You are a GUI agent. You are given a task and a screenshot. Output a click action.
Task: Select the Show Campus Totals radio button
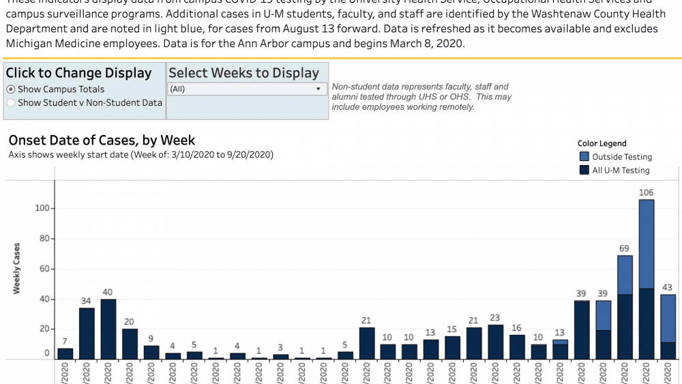tap(11, 89)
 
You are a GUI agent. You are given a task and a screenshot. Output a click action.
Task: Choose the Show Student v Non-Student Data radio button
tap(11, 103)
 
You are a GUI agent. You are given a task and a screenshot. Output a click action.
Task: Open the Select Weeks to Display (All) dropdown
tap(247, 89)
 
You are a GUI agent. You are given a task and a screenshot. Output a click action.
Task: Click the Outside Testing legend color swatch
tap(584, 157)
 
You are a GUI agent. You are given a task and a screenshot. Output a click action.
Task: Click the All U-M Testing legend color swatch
tap(584, 171)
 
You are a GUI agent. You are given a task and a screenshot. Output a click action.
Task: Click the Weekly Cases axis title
tap(17, 268)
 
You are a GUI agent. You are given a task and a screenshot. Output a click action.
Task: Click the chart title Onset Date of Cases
tap(102, 141)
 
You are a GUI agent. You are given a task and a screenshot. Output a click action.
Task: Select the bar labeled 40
tap(108, 329)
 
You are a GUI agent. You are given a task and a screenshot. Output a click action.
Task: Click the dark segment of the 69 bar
tap(625, 327)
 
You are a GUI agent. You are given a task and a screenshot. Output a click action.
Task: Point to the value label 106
tap(647, 193)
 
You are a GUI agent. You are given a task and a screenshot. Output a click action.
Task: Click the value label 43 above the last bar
tap(668, 288)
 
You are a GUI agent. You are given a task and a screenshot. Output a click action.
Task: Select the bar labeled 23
tap(495, 342)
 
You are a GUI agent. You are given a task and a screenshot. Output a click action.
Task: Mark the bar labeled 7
tap(65, 353)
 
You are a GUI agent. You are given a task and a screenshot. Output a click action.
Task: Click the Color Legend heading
tap(602, 143)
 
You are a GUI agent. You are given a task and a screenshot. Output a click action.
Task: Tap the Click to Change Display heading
tap(79, 73)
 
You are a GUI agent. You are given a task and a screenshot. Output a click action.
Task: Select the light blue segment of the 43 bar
tap(668, 318)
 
